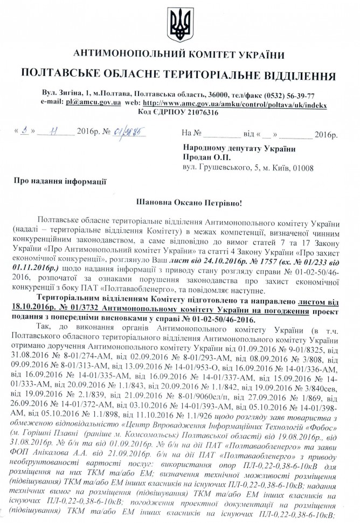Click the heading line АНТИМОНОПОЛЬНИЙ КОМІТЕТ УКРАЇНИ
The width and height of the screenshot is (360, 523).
pos(179,56)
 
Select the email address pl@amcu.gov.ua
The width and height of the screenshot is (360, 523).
pos(91,102)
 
